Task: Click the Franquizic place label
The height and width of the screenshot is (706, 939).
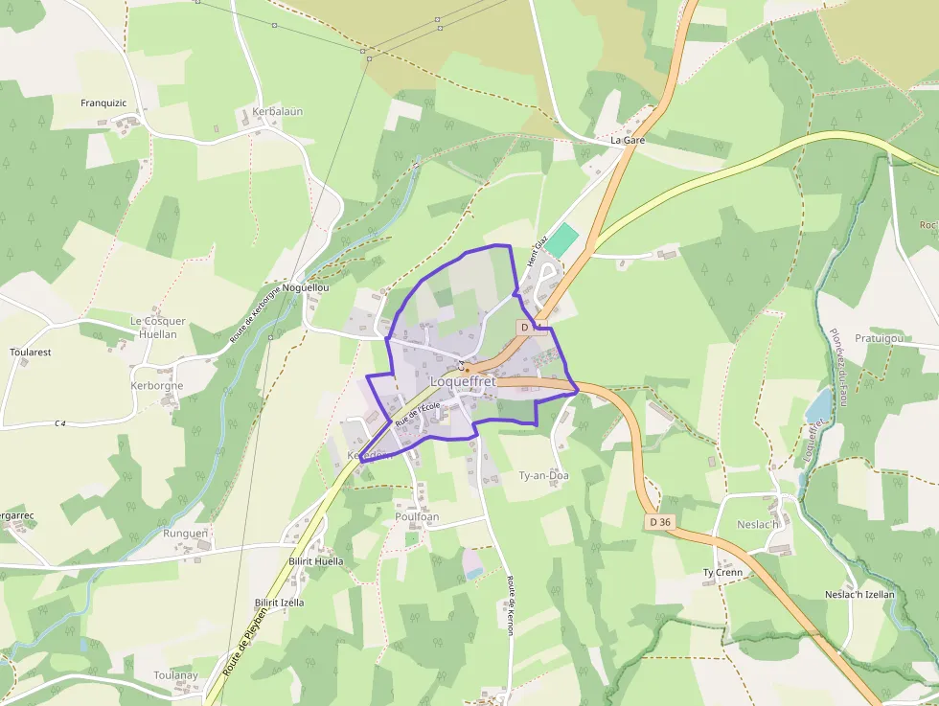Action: coord(104,102)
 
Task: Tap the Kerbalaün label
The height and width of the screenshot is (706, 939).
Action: coord(277,111)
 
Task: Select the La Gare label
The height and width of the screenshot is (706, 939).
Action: coord(628,140)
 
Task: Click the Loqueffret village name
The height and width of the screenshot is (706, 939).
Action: coord(463,381)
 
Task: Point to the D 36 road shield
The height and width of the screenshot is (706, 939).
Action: coord(659,522)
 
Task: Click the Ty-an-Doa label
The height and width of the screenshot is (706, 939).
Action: coord(543,475)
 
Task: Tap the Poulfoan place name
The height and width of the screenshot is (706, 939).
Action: coord(417,517)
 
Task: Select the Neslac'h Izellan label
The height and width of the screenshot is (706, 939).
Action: coord(859,594)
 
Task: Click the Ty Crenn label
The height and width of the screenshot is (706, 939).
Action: coord(722,573)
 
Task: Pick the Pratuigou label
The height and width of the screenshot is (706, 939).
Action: coord(879,338)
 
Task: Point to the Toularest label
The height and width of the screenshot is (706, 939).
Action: coord(30,353)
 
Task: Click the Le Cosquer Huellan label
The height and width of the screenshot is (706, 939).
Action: coord(158,328)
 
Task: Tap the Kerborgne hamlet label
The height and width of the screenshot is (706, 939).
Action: coord(156,386)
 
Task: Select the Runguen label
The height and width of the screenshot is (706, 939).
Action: coord(185,533)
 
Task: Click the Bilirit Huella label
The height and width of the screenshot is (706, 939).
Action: coord(315,561)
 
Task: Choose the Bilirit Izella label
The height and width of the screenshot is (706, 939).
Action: coord(279,603)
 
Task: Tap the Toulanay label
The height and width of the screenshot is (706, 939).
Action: coord(175,675)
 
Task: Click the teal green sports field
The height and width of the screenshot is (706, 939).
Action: coord(562,240)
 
